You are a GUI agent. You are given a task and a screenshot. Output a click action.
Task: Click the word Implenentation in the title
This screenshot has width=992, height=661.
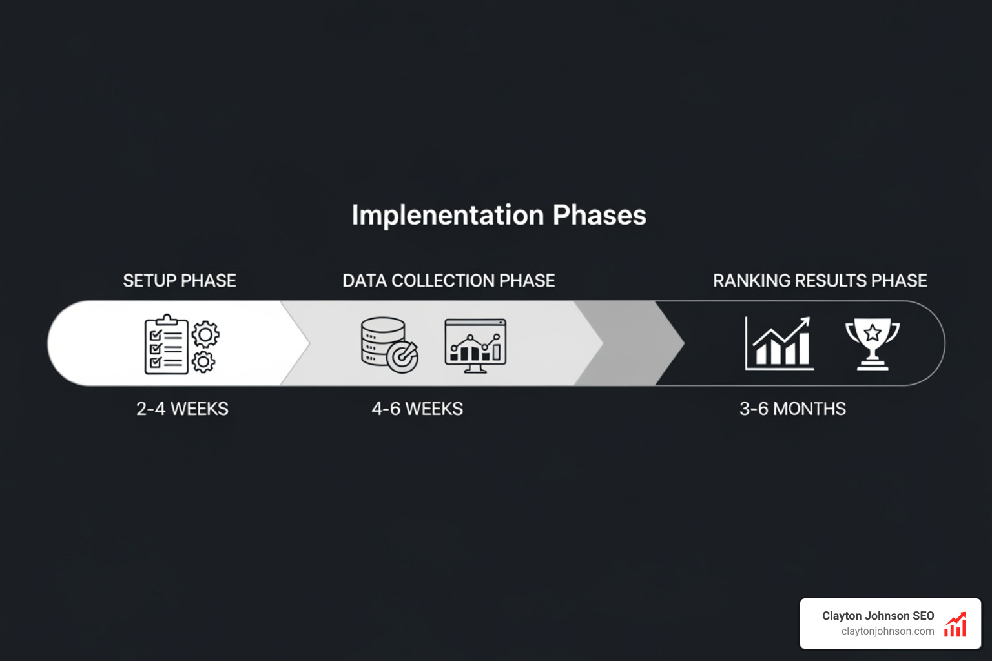click(448, 215)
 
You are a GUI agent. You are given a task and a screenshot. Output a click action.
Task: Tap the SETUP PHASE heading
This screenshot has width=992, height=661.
click(180, 281)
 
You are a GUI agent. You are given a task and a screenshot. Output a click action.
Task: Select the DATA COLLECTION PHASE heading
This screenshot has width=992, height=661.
click(449, 281)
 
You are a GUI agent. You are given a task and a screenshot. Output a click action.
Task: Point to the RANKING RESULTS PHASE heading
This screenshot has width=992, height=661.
click(820, 281)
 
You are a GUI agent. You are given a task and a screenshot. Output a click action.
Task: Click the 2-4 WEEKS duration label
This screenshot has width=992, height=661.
click(182, 409)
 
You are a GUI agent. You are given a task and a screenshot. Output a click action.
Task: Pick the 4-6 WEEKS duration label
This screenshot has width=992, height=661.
click(417, 409)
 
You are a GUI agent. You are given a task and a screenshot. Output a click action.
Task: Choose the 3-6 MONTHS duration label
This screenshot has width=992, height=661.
click(792, 409)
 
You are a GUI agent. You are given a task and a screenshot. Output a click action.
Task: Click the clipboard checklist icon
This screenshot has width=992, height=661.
click(165, 345)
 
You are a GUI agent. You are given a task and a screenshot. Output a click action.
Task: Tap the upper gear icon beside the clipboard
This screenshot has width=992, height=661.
click(205, 334)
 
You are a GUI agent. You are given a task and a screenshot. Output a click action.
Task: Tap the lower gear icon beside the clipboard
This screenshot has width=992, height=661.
click(203, 361)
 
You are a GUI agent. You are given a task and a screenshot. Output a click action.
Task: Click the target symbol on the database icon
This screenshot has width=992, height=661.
click(404, 357)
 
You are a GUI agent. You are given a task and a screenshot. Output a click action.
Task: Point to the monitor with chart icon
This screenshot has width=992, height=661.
click(475, 345)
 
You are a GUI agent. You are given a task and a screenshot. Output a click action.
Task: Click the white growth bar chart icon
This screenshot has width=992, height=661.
click(779, 343)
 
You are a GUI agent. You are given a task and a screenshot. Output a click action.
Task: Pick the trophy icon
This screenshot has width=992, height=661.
click(873, 343)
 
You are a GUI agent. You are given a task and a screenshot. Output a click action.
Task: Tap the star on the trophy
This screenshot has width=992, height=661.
click(873, 333)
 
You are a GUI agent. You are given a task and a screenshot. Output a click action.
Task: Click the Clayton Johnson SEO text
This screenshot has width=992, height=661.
click(878, 616)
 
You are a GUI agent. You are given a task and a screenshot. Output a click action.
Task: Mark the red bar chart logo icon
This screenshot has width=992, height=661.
click(955, 625)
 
